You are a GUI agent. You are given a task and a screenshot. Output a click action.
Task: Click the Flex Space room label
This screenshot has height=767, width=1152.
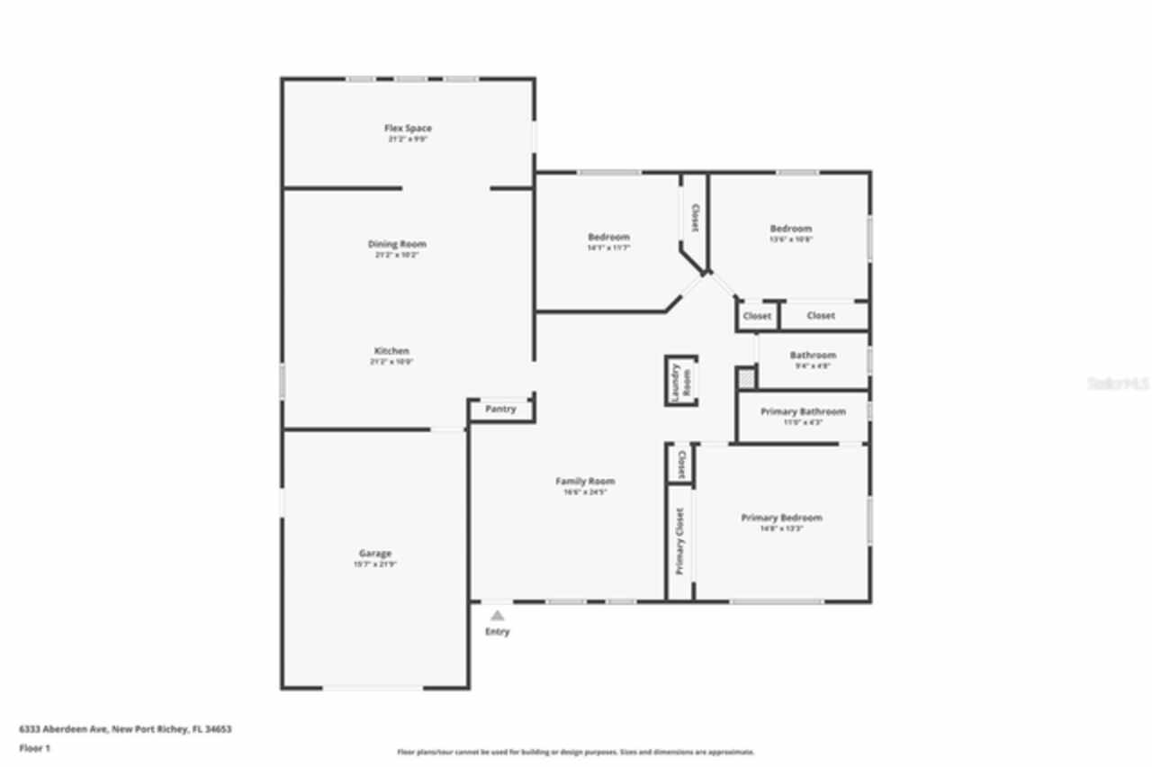[408, 129]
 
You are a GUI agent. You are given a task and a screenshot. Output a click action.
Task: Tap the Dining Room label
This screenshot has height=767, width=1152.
[397, 244]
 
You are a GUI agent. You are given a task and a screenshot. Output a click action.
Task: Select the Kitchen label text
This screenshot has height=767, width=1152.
[391, 351]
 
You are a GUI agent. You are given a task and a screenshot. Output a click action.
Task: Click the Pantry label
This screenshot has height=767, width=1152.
[500, 410]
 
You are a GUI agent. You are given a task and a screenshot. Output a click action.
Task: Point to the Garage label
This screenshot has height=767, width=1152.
[375, 554]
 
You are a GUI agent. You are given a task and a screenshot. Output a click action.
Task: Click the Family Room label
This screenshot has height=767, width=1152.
[585, 482]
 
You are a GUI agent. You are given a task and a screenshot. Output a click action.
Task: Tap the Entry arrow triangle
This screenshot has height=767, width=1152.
[497, 616]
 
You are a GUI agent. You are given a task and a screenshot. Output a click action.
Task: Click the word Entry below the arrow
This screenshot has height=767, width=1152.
[497, 632]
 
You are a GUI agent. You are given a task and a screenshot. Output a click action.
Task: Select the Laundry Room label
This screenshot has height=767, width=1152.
[681, 382]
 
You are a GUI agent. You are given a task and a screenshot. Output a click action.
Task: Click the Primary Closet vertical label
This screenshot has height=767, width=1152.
[679, 541]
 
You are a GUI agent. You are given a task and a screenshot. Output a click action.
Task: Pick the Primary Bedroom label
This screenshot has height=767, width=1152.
[781, 518]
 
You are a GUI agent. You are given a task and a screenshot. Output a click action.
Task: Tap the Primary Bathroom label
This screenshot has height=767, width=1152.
[803, 411]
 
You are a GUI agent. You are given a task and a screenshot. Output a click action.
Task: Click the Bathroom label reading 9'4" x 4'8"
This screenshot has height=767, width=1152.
[813, 356]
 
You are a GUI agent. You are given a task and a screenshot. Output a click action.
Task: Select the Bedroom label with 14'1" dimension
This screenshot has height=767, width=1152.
[608, 238]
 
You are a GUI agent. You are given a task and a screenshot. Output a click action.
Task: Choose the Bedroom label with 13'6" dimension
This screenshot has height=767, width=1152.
[790, 229]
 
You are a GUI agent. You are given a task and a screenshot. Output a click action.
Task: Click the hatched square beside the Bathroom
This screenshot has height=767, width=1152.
[746, 378]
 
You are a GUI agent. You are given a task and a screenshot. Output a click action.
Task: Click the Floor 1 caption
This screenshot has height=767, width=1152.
[35, 748]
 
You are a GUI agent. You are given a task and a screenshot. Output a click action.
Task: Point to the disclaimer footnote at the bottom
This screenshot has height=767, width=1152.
[576, 752]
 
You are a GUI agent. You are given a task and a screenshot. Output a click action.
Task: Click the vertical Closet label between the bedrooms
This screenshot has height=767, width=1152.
[695, 217]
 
